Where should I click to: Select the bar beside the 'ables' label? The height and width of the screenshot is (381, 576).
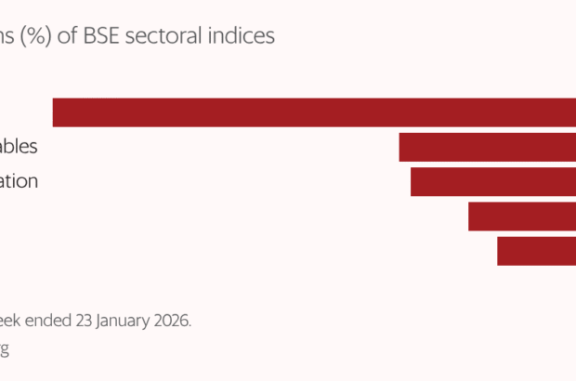(487, 148)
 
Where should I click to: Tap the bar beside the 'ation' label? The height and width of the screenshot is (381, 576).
(492, 182)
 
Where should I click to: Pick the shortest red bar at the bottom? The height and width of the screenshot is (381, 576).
(536, 251)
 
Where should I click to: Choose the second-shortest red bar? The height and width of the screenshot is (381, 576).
(521, 217)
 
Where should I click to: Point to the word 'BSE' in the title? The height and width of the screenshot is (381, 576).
(104, 36)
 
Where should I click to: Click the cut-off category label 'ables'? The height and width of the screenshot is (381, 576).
(19, 147)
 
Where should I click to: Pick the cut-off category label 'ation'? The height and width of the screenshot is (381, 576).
(19, 181)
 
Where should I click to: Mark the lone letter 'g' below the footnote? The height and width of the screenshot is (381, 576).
(5, 350)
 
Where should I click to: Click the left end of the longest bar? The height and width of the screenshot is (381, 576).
(55, 112)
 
